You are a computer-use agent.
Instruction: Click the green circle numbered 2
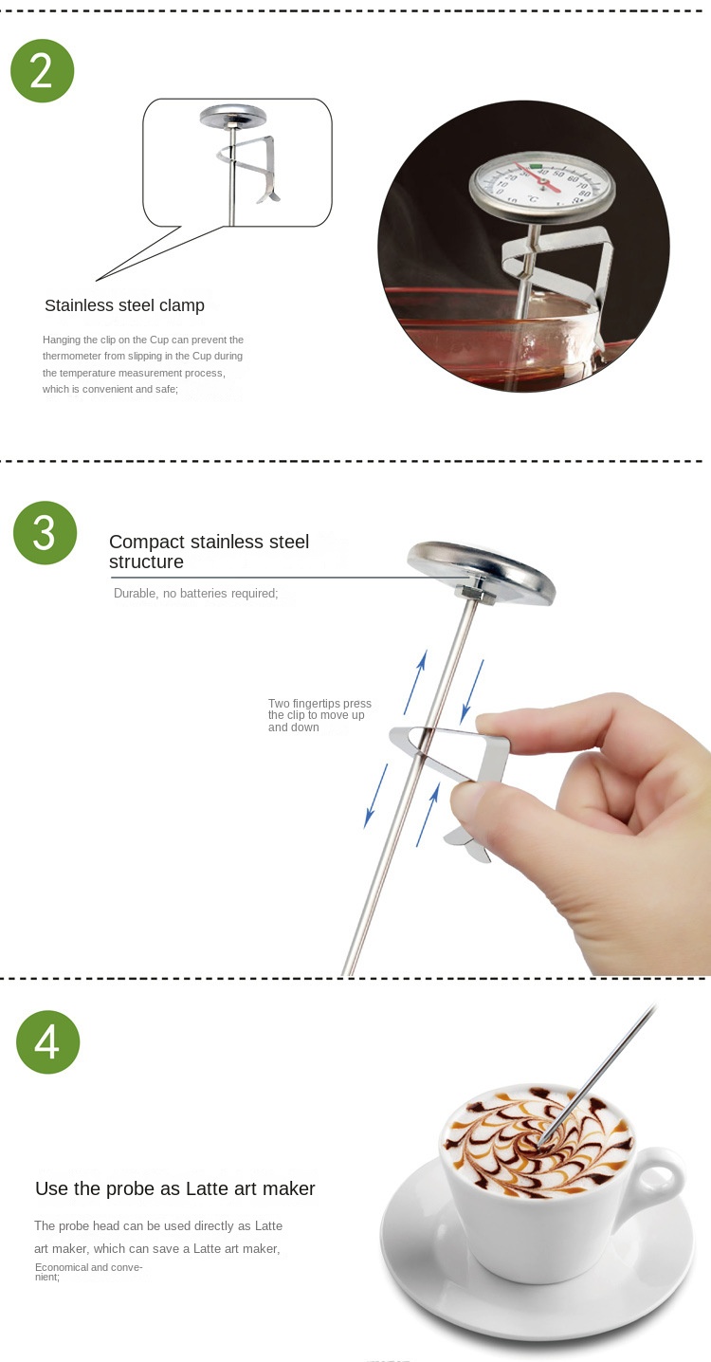coord(42,71)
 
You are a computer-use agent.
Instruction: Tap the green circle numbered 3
coord(45,533)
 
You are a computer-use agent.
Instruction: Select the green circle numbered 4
coord(47,1042)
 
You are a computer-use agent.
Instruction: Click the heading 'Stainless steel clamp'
coord(124,305)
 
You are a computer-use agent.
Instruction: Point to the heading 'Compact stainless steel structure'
coord(209,552)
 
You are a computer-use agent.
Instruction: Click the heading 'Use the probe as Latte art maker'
coord(174,1188)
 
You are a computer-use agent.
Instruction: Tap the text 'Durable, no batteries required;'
coord(195,593)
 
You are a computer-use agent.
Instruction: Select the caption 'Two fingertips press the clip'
coord(319,715)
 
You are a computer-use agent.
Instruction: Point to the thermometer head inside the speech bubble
coord(232,118)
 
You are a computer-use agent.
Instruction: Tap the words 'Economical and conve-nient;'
coord(88,1272)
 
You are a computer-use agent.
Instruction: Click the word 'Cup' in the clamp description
coord(159,340)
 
